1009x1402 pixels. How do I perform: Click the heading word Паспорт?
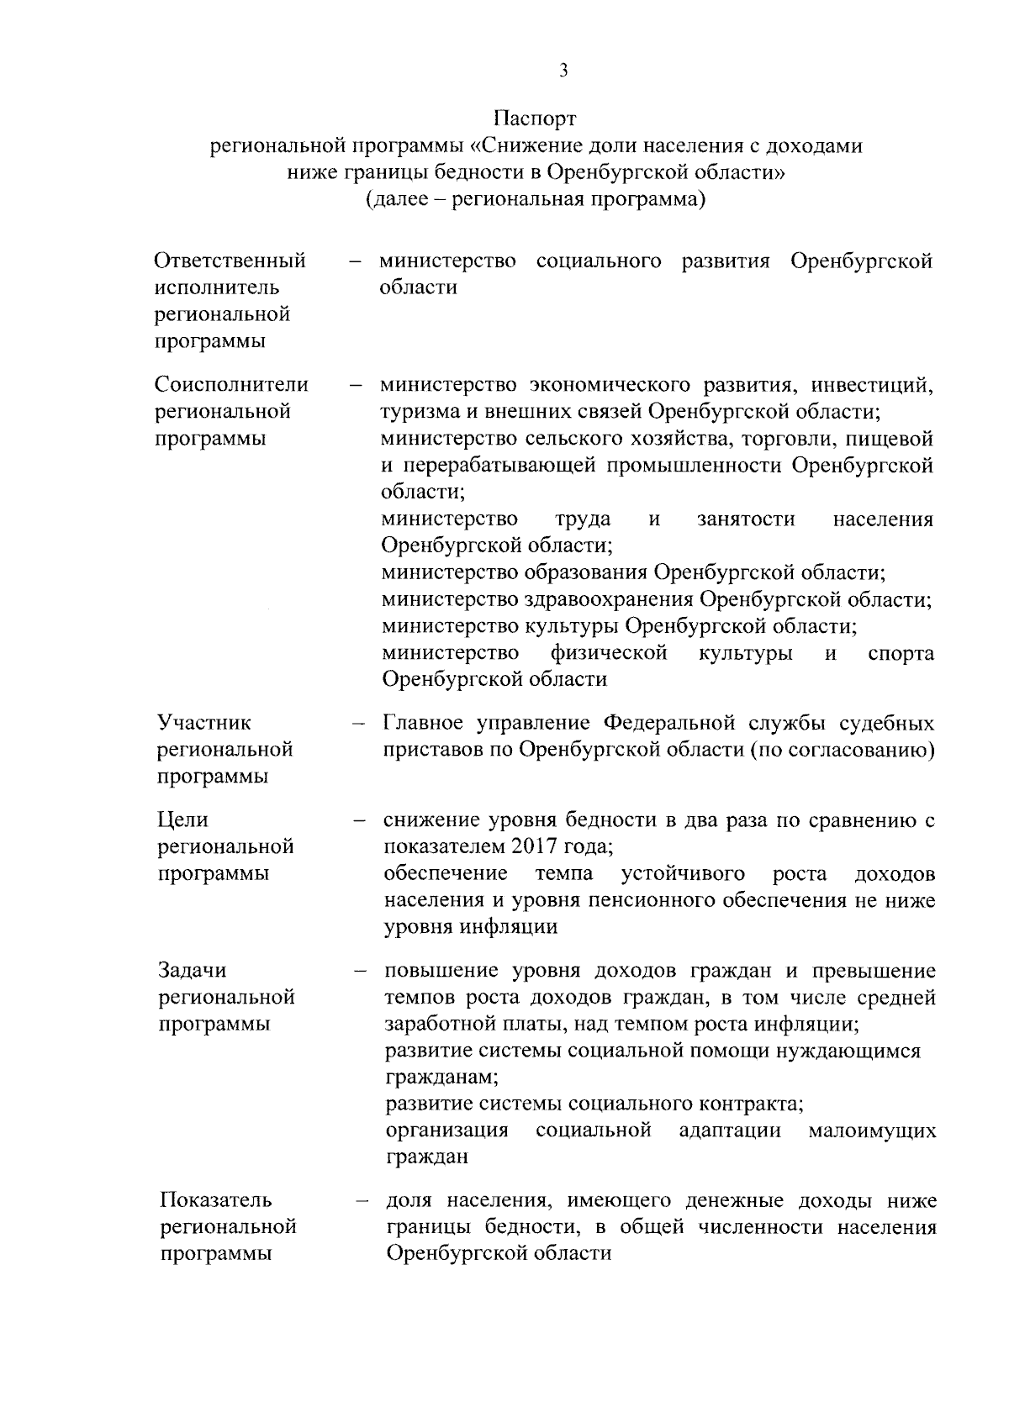tap(535, 117)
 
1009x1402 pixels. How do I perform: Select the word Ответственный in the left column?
tap(230, 261)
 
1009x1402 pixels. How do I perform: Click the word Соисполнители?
tap(232, 385)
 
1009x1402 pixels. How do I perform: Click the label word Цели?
tap(183, 820)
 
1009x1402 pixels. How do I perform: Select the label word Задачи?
tap(193, 971)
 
